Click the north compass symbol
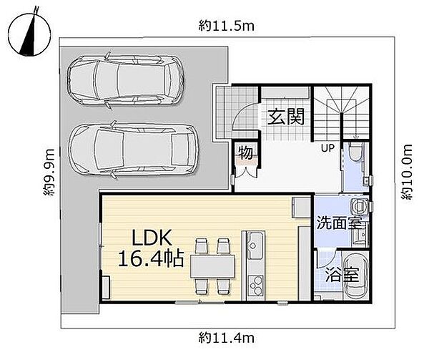tap(29, 35)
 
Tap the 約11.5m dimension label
tap(226, 26)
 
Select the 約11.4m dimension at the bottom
tap(226, 338)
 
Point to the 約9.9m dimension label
tap(49, 172)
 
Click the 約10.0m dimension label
tap(407, 172)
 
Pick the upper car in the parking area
tap(126, 80)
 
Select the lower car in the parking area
tap(134, 150)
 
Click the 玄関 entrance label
tap(286, 117)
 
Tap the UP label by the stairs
tap(327, 148)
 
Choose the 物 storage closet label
tap(245, 152)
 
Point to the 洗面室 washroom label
tap(339, 223)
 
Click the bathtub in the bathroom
tap(355, 277)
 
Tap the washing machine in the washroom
tap(359, 206)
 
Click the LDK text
tap(152, 238)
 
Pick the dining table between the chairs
tap(213, 266)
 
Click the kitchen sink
tap(255, 245)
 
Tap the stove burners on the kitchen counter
tap(255, 286)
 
